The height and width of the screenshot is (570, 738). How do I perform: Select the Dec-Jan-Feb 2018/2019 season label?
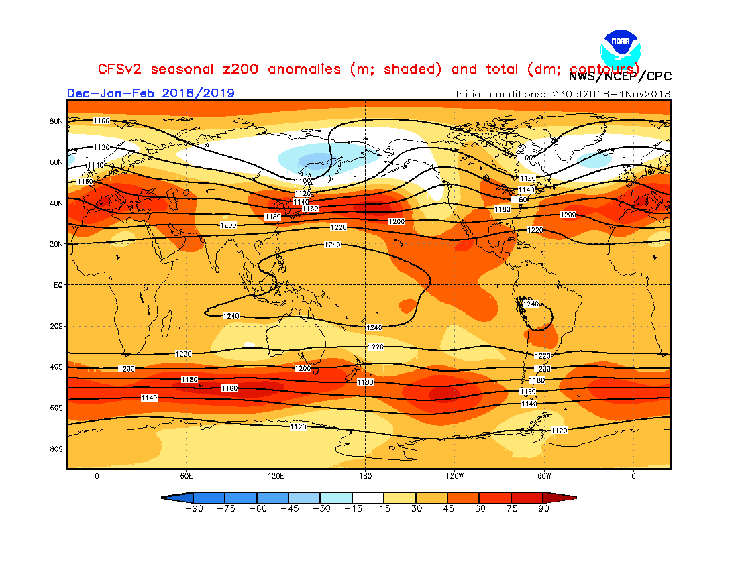tap(151, 93)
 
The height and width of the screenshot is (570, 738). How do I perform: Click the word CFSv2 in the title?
tap(120, 70)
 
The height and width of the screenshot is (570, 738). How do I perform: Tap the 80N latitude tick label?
tap(56, 121)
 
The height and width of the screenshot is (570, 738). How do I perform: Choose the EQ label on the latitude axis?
tap(58, 285)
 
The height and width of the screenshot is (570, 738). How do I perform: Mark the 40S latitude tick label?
tap(56, 367)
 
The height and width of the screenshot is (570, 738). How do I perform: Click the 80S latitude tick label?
tap(56, 449)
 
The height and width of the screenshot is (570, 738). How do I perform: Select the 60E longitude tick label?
tap(187, 476)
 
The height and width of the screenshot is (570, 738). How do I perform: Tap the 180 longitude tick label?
tap(365, 476)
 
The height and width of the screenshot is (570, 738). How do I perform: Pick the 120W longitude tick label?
tap(454, 476)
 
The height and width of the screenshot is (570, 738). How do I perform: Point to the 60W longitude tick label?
tap(544, 476)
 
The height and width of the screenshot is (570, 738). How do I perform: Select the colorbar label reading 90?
tap(544, 509)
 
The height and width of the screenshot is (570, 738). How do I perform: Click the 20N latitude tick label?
tap(56, 244)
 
